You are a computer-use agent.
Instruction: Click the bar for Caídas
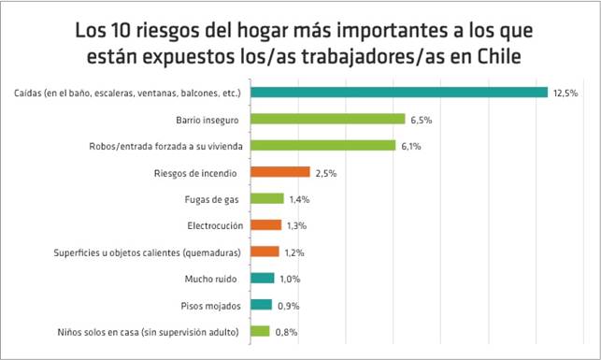click(399, 93)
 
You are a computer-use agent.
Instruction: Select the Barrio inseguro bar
click(328, 119)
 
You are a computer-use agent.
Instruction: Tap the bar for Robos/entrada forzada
click(323, 145)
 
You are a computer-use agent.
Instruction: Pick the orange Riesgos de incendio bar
click(280, 172)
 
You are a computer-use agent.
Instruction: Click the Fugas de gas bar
click(267, 198)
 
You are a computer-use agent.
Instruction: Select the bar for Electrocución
click(266, 225)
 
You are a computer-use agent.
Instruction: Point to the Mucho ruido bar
click(263, 278)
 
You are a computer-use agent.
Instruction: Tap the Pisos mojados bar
click(262, 305)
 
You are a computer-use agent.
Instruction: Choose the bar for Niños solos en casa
click(260, 331)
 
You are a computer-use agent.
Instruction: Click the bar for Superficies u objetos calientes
click(265, 252)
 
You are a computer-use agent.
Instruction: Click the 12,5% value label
click(565, 94)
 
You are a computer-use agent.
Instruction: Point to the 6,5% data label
click(422, 120)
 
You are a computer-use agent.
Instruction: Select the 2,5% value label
click(326, 173)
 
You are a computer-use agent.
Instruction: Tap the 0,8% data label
click(286, 332)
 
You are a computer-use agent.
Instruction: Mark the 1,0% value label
click(290, 279)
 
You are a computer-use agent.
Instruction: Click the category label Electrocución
click(215, 225)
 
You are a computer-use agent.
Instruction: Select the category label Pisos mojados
click(211, 306)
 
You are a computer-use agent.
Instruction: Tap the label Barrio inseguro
click(207, 121)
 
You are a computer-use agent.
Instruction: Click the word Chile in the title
click(499, 57)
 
